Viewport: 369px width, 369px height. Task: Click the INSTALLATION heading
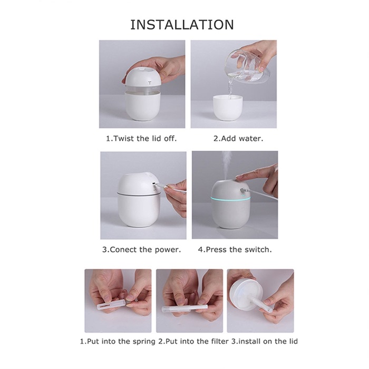[x=182, y=25]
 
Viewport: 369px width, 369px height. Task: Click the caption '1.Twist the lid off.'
[x=141, y=138]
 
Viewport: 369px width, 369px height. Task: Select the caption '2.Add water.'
[x=238, y=138]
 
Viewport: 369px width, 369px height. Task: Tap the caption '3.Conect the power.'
[x=141, y=249]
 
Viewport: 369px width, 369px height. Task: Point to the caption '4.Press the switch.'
[x=235, y=249]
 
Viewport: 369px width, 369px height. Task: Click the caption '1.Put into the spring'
[x=118, y=341]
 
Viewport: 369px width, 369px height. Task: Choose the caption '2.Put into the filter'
[x=193, y=341]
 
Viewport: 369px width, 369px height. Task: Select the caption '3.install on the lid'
[x=264, y=341]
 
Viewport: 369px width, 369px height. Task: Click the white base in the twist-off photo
[x=143, y=106]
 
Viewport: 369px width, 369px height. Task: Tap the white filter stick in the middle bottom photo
[x=184, y=308]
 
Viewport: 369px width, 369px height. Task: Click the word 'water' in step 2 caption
[x=253, y=138]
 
